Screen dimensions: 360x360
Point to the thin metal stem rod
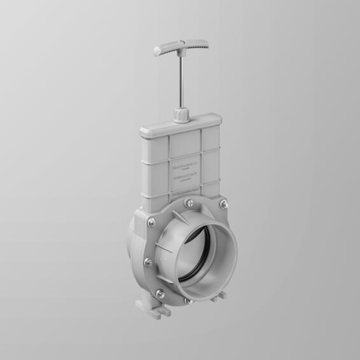click(x=179, y=83)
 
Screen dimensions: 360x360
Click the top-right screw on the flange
click(x=223, y=204)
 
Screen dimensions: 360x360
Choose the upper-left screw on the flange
click(x=151, y=222)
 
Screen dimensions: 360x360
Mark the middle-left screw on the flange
click(x=148, y=262)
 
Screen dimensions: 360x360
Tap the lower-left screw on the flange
click(x=160, y=293)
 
